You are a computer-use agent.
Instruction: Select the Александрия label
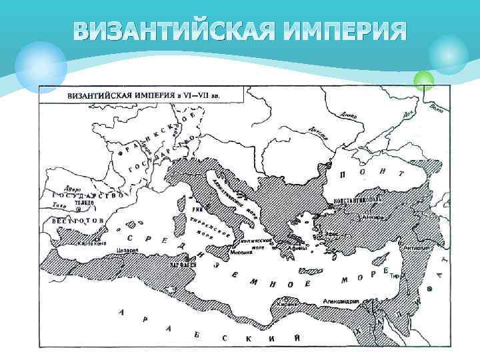click(x=341, y=301)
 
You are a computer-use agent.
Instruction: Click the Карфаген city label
click(x=184, y=265)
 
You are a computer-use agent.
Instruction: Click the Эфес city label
click(x=331, y=235)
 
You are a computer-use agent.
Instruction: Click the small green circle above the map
click(x=423, y=81)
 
